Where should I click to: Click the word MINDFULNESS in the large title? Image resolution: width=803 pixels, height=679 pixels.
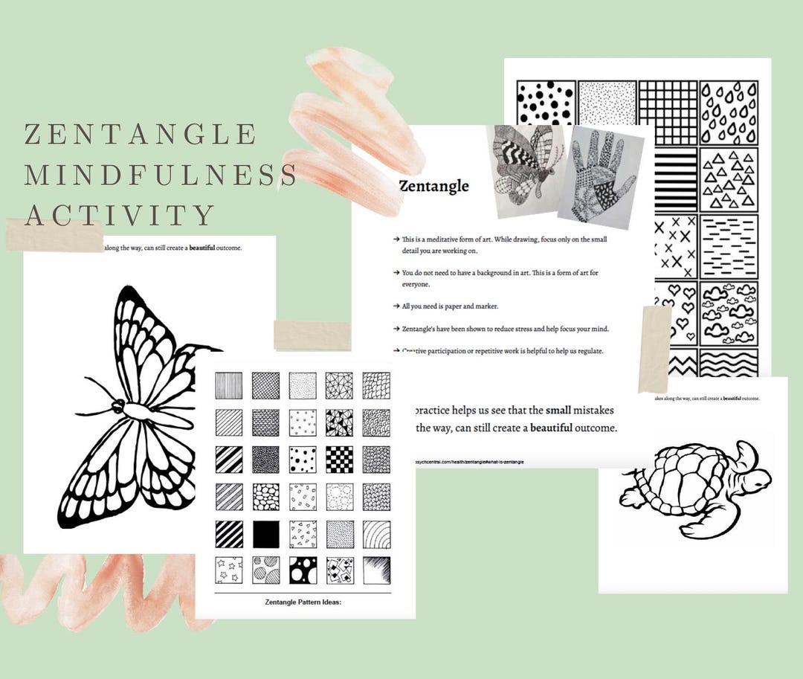(161, 176)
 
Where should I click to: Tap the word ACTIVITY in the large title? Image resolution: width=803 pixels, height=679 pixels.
(120, 216)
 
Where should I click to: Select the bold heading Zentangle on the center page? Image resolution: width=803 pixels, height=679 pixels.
(433, 186)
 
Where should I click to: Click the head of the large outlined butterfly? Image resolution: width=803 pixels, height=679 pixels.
(117, 405)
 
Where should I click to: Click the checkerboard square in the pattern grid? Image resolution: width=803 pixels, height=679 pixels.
(338, 460)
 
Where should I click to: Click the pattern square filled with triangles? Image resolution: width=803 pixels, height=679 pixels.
(729, 178)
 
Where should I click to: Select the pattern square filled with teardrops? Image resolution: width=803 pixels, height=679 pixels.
(729, 112)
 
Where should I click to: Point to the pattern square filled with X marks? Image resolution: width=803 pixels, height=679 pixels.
(674, 246)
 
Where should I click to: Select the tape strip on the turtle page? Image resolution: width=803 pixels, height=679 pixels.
(655, 348)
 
